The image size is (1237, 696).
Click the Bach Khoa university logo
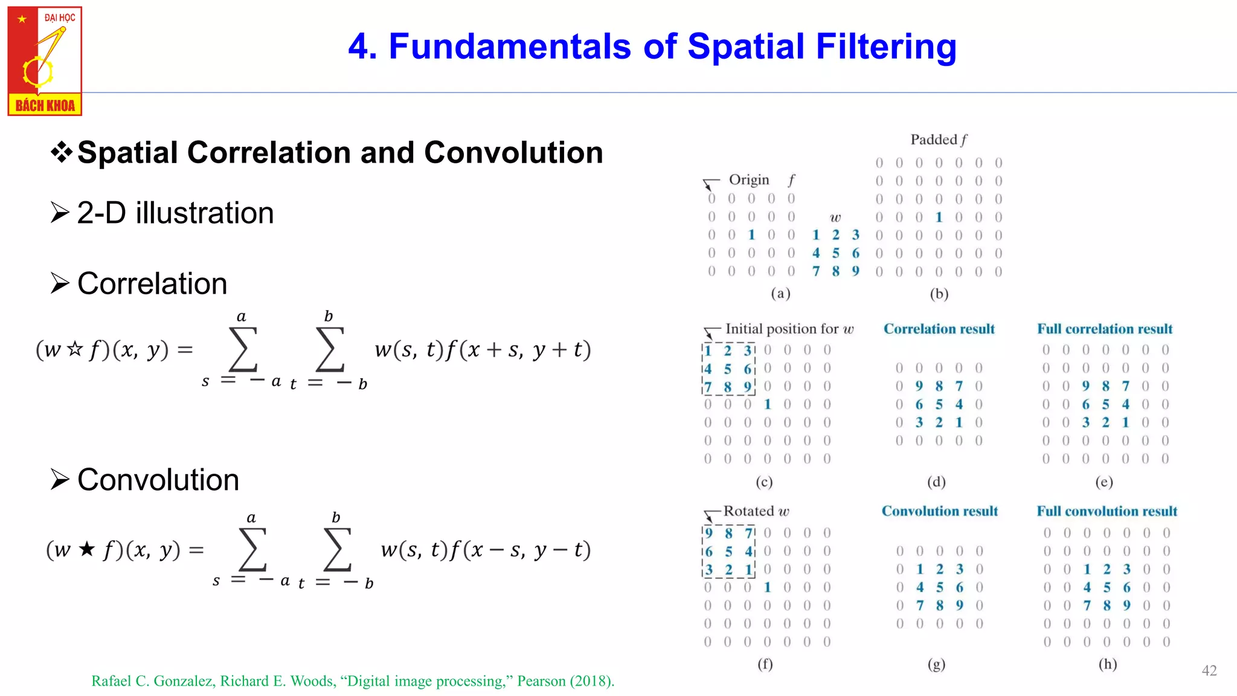[x=45, y=61]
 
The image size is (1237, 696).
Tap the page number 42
[x=1209, y=671]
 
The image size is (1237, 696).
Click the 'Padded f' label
[x=939, y=140]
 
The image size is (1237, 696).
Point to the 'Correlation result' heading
[x=939, y=329]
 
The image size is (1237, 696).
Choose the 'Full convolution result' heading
[x=1107, y=512]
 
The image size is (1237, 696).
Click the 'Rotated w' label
[x=756, y=512]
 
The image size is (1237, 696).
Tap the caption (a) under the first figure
[x=780, y=294]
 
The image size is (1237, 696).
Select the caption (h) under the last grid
[x=1107, y=664]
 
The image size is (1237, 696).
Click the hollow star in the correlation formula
[x=75, y=349]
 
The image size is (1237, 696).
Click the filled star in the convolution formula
[x=87, y=549]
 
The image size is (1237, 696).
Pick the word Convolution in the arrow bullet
[x=158, y=480]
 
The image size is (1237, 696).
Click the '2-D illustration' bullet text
[x=175, y=213]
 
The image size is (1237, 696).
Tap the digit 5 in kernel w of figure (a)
[x=835, y=253]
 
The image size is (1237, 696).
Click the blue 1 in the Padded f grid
[x=939, y=217]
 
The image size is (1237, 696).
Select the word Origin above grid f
[x=749, y=180]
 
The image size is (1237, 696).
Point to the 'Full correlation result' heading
[x=1105, y=329]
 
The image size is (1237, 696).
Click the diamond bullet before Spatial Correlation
[x=62, y=152]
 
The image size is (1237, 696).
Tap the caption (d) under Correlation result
[x=936, y=482]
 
